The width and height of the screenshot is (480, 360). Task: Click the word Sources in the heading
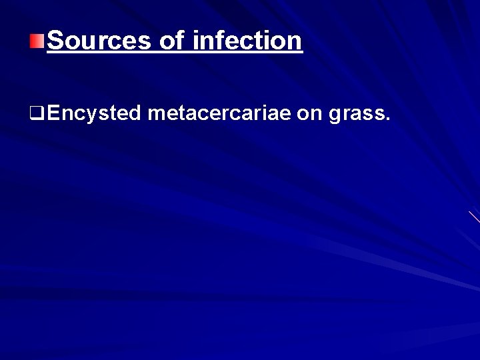(x=99, y=41)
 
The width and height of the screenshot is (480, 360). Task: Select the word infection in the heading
(x=247, y=41)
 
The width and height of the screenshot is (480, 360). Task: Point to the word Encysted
(x=94, y=115)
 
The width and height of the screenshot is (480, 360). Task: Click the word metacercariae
(x=219, y=115)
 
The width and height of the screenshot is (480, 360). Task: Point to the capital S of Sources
(x=56, y=41)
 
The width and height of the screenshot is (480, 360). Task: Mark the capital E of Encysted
(x=53, y=114)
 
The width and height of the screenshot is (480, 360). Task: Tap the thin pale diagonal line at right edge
(x=473, y=216)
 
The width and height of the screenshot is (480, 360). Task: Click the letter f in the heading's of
(x=179, y=41)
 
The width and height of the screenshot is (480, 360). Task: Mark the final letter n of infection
(x=295, y=43)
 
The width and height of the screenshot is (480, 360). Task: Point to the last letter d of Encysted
(x=134, y=114)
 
